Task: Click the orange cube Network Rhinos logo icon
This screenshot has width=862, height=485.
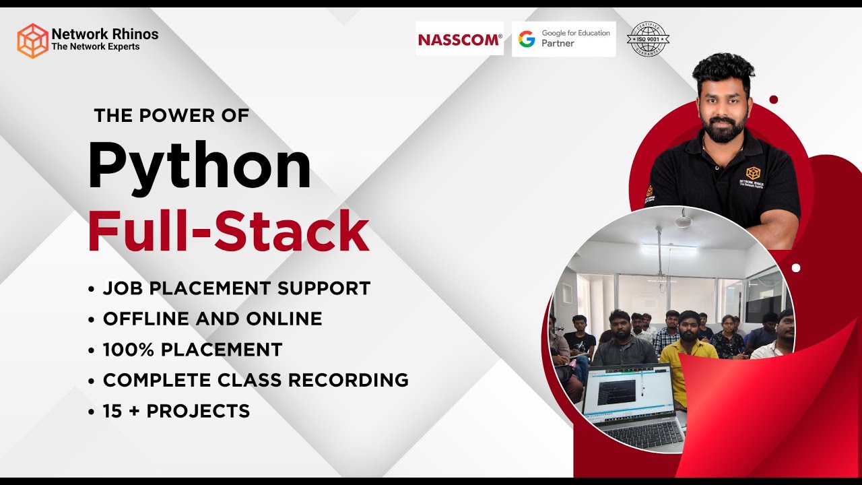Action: coord(33,40)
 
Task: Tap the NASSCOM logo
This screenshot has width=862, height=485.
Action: coord(459,40)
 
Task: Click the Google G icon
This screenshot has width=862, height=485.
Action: coord(527,39)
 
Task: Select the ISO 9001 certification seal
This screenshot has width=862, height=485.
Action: coord(648,39)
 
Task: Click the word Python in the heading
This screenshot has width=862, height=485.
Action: coord(199,166)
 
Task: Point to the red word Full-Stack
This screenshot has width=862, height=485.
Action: coord(228,231)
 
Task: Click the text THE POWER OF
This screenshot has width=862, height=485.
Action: coord(172,116)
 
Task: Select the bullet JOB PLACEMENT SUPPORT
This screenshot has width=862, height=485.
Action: coord(236,288)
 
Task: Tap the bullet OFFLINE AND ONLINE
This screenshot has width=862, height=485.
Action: coord(212,319)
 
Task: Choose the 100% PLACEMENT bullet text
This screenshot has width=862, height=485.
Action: coord(192,350)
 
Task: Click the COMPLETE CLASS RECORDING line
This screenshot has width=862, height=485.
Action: coord(255,380)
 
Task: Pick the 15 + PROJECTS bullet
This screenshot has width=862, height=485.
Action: coord(176,411)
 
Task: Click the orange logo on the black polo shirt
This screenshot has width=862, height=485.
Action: coord(752,173)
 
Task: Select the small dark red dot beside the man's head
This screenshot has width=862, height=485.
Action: coord(773,100)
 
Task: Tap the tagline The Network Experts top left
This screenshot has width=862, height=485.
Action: coord(95,46)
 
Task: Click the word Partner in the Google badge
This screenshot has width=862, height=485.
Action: coord(558,44)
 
